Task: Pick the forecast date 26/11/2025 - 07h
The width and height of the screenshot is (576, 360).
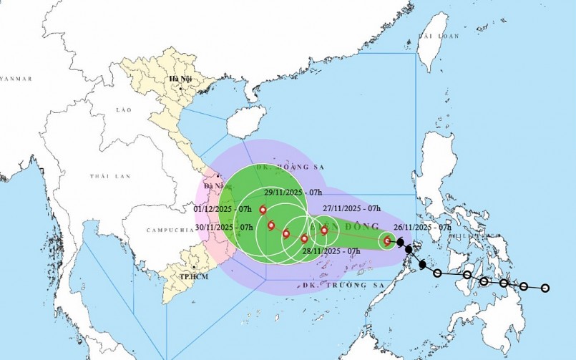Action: click(427, 227)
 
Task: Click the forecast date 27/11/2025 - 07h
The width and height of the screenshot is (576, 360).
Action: click(351, 208)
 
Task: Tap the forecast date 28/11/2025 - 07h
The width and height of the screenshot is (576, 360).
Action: click(331, 251)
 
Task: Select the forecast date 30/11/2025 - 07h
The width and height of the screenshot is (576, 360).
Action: click(224, 227)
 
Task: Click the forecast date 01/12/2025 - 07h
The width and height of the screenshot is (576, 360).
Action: click(223, 208)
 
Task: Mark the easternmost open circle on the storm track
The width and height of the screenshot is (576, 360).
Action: click(545, 288)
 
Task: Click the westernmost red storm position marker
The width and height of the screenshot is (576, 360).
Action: click(263, 210)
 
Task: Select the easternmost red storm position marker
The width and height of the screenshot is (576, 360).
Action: click(387, 241)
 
